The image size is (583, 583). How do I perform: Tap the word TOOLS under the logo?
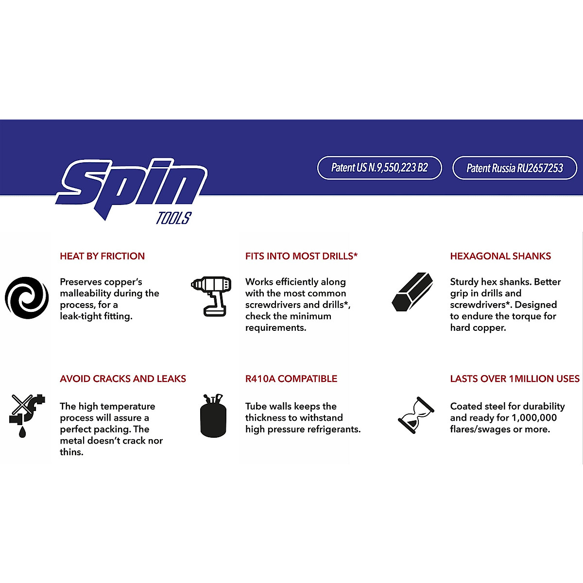coord(173,219)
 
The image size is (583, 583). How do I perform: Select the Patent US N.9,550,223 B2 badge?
coord(379,168)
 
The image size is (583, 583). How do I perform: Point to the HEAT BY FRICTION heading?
coord(102,256)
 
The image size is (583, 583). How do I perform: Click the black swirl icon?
coord(27,298)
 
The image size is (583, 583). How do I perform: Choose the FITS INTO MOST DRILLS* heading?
coord(301,256)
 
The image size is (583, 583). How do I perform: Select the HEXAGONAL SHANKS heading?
coord(500,256)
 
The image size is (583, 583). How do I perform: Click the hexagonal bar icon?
coord(412,292)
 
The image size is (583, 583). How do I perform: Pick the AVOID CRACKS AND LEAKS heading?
coord(123,378)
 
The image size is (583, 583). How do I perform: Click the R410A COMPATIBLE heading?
coord(291,378)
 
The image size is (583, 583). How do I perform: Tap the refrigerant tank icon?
coord(213,416)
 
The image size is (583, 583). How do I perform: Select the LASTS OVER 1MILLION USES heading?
coord(514,378)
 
